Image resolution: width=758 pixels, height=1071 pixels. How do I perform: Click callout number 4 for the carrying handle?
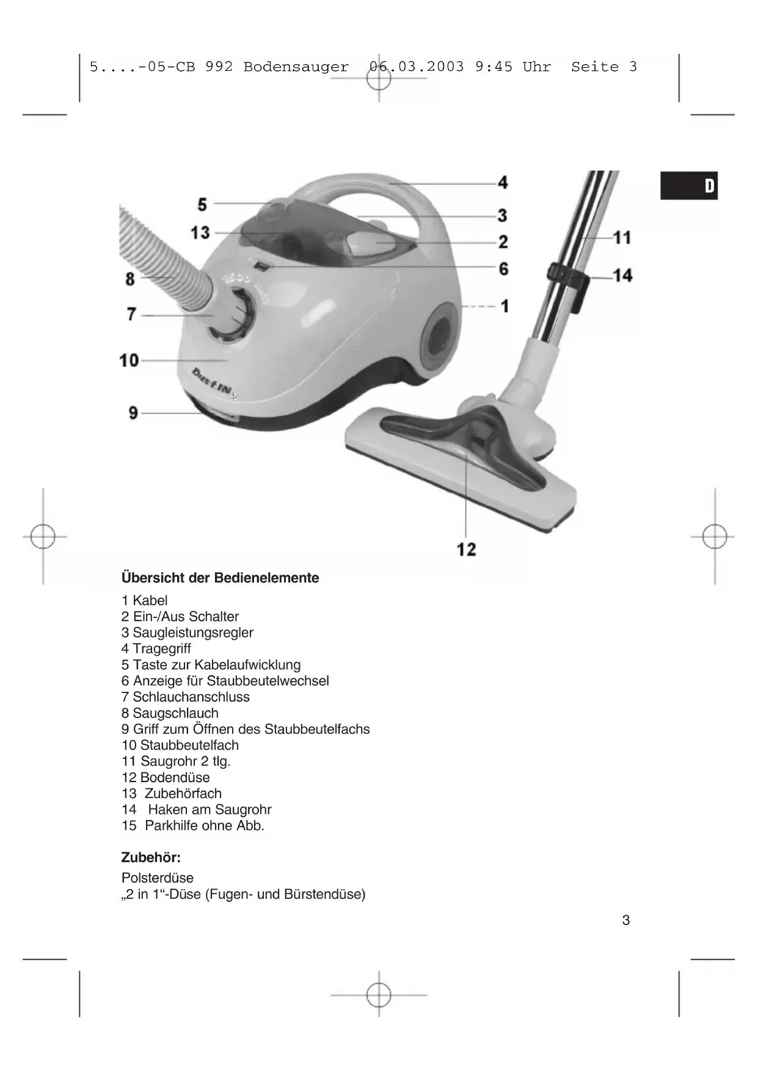(x=503, y=182)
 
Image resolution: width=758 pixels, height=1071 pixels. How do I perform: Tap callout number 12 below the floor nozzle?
(x=466, y=549)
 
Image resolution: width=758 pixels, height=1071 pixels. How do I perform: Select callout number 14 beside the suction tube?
(x=622, y=275)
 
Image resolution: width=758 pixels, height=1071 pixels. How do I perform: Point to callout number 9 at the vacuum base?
(x=133, y=413)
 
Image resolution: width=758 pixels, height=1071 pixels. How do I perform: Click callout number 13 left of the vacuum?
(x=200, y=233)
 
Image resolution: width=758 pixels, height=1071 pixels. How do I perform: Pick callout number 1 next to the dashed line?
(x=505, y=305)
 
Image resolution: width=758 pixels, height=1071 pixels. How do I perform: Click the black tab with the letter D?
(x=689, y=186)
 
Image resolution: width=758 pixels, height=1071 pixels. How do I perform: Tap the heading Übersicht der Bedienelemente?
(x=220, y=578)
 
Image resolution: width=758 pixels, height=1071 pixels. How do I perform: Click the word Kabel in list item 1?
(x=150, y=600)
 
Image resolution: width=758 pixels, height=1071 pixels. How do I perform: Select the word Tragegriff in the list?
(x=162, y=648)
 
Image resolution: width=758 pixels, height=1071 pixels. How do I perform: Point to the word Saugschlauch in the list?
(x=175, y=713)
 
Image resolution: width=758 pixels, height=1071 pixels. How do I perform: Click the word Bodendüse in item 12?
(x=175, y=777)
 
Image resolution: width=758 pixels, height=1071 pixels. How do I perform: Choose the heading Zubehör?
(x=151, y=857)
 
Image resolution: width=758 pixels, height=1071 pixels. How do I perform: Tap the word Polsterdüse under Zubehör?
(x=158, y=877)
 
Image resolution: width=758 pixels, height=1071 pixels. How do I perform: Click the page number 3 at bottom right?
(x=625, y=920)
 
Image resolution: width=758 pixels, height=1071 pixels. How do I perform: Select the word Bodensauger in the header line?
(x=296, y=67)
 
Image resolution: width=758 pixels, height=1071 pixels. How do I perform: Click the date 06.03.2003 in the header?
(x=417, y=67)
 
